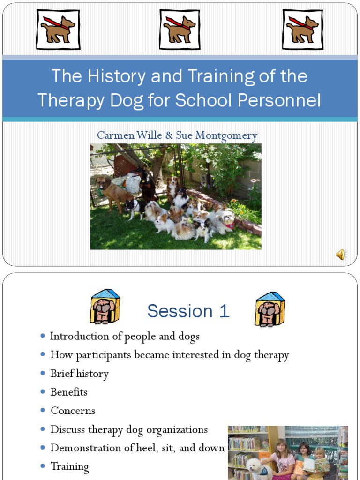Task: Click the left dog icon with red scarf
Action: tap(58, 29)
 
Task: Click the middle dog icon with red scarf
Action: tap(180, 29)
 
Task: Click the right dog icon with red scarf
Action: tap(302, 29)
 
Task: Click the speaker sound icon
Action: tap(341, 255)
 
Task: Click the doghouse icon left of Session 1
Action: tap(105, 307)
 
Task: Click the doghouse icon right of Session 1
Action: tap(270, 309)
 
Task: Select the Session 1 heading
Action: tap(188, 311)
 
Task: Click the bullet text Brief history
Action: tap(79, 374)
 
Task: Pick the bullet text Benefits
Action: tap(69, 392)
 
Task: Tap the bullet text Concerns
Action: tap(73, 411)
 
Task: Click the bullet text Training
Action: tap(69, 466)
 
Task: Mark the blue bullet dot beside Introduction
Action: tap(43, 336)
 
